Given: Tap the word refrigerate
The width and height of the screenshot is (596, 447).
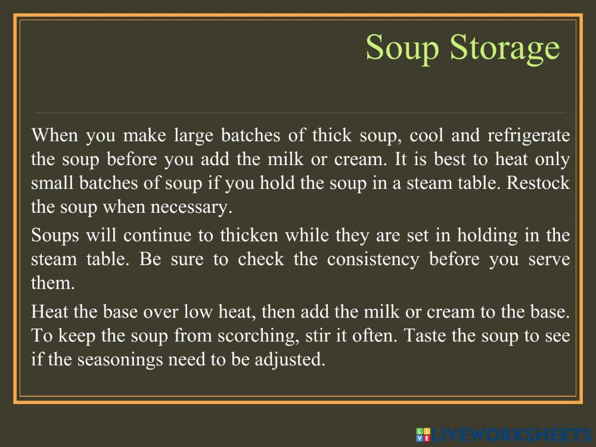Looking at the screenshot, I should [528, 135].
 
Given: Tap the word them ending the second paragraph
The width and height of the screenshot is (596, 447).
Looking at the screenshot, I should [52, 284].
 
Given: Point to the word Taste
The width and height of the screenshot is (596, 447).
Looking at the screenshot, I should [424, 336].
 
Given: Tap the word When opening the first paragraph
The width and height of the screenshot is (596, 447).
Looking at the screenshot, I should [55, 135].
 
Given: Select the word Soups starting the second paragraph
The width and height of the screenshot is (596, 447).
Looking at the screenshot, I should [54, 235].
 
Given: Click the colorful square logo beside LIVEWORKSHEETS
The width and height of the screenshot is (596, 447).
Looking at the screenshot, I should [423, 434].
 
